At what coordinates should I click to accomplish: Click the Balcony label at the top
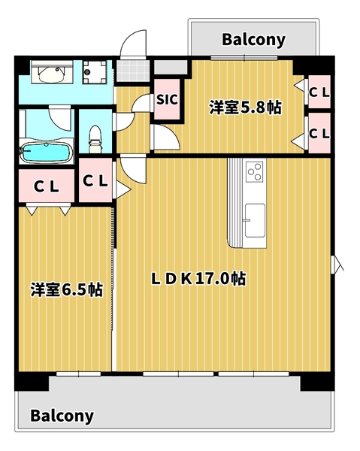pyautogui.click(x=253, y=40)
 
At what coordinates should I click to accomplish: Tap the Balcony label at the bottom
pyautogui.click(x=62, y=416)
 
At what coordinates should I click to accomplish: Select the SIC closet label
pyautogui.click(x=166, y=98)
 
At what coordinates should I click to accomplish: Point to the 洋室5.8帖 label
pyautogui.click(x=245, y=107)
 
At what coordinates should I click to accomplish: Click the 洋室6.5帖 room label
pyautogui.click(x=66, y=289)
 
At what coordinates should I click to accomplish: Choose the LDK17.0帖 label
pyautogui.click(x=198, y=279)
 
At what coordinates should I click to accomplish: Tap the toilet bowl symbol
pyautogui.click(x=95, y=135)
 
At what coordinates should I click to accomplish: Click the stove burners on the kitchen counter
pyautogui.click(x=254, y=173)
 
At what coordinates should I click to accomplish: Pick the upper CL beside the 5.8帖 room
pyautogui.click(x=319, y=92)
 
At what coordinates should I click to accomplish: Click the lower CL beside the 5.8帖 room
pyautogui.click(x=319, y=133)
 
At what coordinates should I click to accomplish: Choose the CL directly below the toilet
pyautogui.click(x=95, y=181)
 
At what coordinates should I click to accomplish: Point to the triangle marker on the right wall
pyautogui.click(x=337, y=264)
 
